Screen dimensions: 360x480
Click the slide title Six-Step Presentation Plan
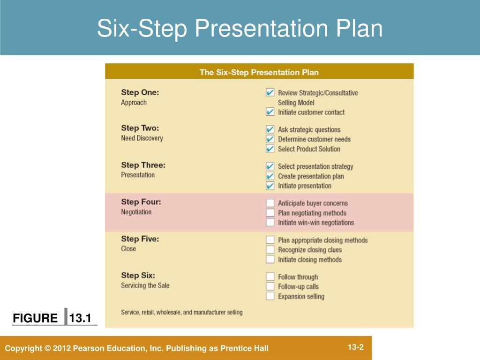coord(240,29)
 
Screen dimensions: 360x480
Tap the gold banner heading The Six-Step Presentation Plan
coord(259,72)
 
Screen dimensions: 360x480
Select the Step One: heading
coord(140,92)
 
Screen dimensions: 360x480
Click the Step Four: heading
coord(141,202)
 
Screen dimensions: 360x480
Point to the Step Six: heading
coord(138,275)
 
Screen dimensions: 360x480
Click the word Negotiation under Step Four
coord(136,212)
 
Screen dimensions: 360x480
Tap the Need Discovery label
coord(142,138)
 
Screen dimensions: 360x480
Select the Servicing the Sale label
coord(145,285)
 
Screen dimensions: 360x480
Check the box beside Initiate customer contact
coord(270,112)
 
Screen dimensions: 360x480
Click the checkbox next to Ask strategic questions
coord(270,129)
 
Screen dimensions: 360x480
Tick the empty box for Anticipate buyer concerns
coord(270,203)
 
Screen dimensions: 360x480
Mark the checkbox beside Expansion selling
coord(270,296)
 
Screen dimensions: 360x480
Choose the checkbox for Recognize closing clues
coord(270,250)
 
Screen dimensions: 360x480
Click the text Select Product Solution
coord(309,149)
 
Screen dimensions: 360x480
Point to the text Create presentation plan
coord(311,176)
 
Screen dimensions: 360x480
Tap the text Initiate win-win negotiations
coord(316,223)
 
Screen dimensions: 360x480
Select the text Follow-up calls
coord(298,286)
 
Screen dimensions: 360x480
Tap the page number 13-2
coord(356,347)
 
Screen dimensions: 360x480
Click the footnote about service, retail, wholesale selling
coord(182,312)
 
